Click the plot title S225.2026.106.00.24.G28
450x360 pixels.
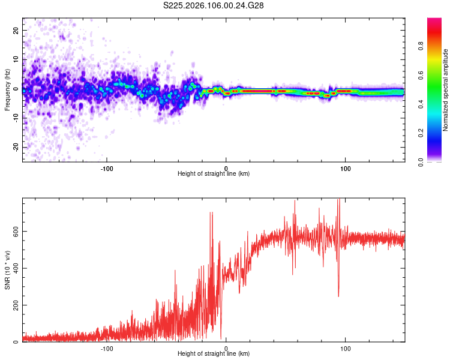click(214, 5)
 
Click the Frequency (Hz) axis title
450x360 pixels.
click(7, 90)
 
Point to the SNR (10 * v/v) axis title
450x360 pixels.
click(7, 269)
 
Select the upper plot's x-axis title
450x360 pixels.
click(214, 173)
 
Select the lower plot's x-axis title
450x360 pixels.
click(214, 353)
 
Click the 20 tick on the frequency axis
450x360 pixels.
click(16, 30)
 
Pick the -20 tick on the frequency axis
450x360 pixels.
click(15, 148)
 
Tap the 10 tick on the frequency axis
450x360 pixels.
click(16, 59)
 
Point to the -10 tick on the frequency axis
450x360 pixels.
click(15, 118)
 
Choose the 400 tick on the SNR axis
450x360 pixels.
click(13, 268)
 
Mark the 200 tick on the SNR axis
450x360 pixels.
click(13, 305)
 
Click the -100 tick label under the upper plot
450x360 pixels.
click(107, 168)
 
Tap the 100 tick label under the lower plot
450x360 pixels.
click(345, 348)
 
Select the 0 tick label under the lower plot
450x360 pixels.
click(226, 348)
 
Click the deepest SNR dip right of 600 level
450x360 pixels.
click(338, 296)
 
